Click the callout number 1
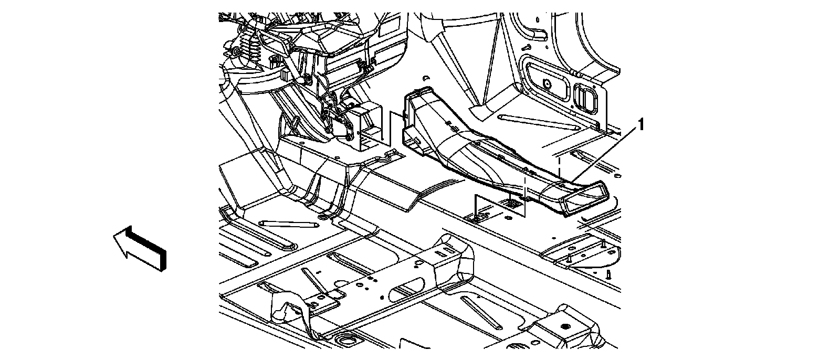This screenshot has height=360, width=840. point(640,124)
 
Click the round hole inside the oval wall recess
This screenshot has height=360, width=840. point(546,83)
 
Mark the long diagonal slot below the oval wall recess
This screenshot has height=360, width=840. point(538,123)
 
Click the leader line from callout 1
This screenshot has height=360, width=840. point(604,155)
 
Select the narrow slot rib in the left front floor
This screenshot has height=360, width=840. point(286,224)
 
